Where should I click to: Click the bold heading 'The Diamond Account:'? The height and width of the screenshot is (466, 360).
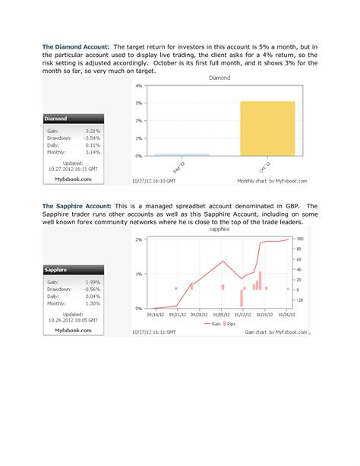pyautogui.click(x=75, y=47)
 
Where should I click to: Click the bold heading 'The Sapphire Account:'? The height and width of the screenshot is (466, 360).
pyautogui.click(x=76, y=205)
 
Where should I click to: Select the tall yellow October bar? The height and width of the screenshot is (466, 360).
pyautogui.click(x=267, y=128)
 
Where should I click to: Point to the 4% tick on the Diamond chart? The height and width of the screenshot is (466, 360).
pyautogui.click(x=139, y=85)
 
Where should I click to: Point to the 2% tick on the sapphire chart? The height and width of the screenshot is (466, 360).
pyautogui.click(x=139, y=239)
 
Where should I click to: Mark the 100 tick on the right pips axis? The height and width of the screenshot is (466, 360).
pyautogui.click(x=300, y=239)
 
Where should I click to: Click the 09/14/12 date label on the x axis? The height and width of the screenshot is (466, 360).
pyautogui.click(x=155, y=312)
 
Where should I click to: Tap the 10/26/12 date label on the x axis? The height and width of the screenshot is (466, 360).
pyautogui.click(x=286, y=312)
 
